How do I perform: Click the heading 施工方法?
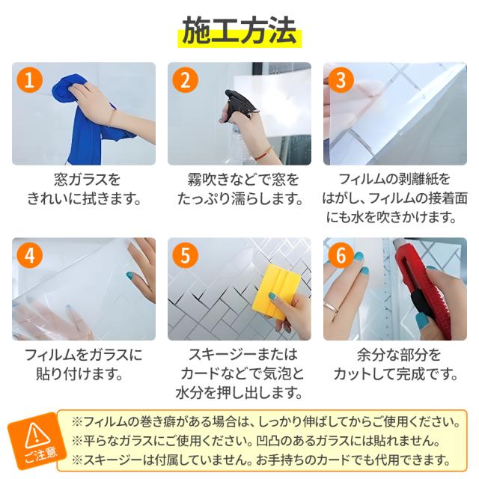[x=239, y=31]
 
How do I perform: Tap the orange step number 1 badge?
[x=30, y=80]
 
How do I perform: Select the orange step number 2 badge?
[x=186, y=80]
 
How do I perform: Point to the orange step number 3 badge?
[x=341, y=80]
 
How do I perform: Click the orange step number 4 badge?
[x=30, y=255]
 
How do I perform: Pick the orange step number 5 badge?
[x=186, y=255]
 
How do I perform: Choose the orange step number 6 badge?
[x=341, y=255]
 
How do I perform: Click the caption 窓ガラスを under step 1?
[x=87, y=180]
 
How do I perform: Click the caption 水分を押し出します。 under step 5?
[x=239, y=392]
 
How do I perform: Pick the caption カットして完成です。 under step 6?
[x=395, y=373]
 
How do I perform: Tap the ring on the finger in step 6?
[x=331, y=306]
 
